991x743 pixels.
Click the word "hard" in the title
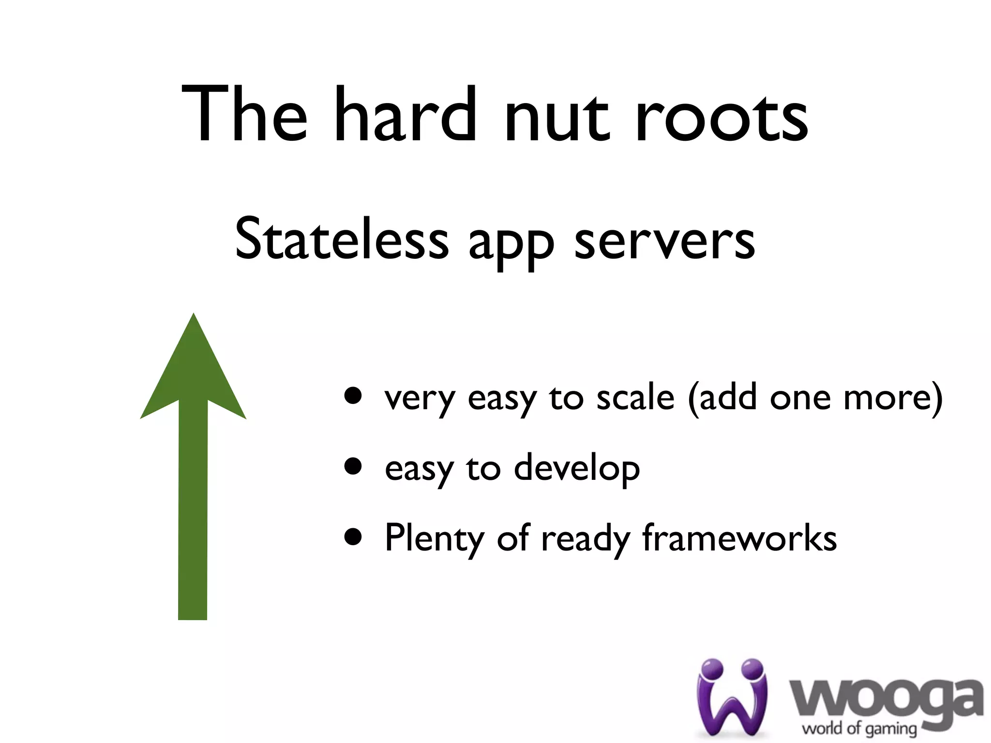(x=405, y=115)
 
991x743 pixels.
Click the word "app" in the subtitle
(x=511, y=244)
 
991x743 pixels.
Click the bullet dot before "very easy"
(x=353, y=396)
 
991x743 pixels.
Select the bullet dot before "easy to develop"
(x=353, y=467)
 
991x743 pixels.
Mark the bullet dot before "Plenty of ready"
(x=353, y=537)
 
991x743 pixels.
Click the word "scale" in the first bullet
(x=635, y=398)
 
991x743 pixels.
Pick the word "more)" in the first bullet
(x=893, y=398)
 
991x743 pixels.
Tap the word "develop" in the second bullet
(x=577, y=468)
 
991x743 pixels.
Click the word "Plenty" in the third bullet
(x=434, y=538)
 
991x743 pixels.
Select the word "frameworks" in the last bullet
(x=739, y=538)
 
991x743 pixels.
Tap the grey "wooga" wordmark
(x=886, y=699)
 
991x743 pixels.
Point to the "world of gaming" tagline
(x=859, y=728)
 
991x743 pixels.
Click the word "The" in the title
(x=244, y=115)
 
